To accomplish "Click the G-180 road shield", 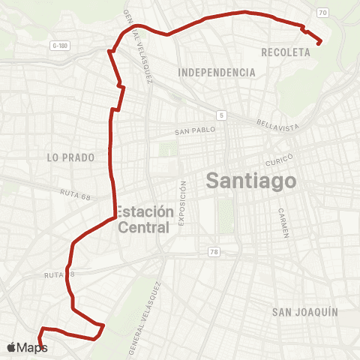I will point(61,46).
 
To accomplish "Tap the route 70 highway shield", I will point(322,13).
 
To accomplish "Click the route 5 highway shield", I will point(222,115).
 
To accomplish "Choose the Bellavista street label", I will point(277,122).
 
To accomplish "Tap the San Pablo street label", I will point(195,130).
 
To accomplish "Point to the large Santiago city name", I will point(250,181).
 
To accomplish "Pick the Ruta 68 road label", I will point(75,193).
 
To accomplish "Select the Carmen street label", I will point(283,223).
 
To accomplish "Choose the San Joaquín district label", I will point(305,311).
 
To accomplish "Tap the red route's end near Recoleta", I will point(320,43).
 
